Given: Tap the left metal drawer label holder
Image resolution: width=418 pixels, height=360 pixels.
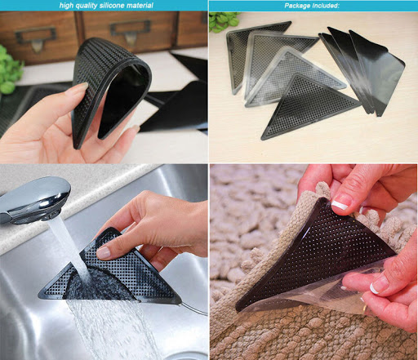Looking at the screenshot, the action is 36,38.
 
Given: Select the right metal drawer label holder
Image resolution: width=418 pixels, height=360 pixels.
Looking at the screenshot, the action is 130,30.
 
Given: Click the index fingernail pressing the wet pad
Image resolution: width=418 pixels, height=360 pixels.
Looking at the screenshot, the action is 104,253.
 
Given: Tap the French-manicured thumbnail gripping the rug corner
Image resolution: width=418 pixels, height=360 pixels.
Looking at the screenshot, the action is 340,205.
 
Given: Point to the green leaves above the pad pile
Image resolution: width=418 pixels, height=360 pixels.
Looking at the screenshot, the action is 224,21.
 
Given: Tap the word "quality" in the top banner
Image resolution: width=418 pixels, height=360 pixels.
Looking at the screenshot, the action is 87,6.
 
